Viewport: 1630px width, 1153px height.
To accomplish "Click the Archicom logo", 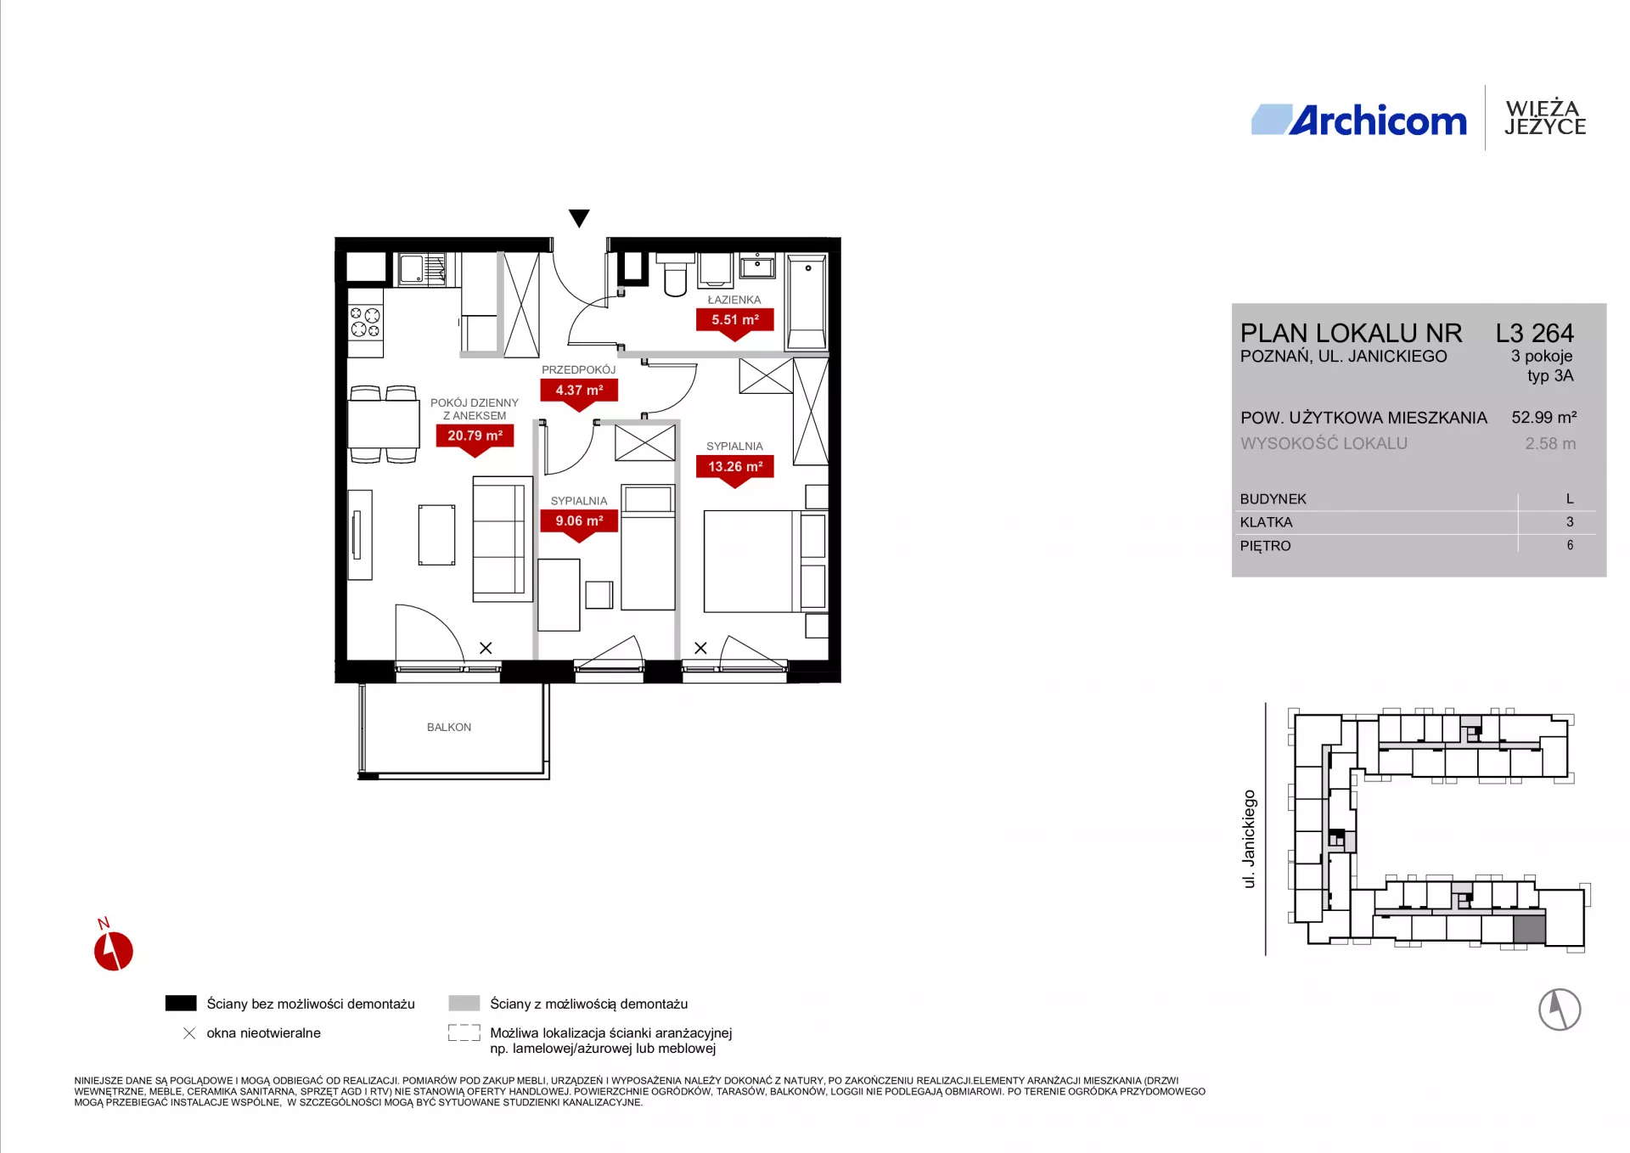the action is point(1358,120).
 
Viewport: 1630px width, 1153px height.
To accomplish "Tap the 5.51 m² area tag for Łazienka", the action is point(735,320).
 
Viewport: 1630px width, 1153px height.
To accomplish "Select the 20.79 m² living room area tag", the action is point(475,436).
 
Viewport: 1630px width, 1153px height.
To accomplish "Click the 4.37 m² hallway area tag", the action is point(579,391).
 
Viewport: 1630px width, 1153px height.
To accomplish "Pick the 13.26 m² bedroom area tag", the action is point(735,467).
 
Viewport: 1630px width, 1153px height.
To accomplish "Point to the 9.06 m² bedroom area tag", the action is point(579,521).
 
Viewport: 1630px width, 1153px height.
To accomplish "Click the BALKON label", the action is point(449,728).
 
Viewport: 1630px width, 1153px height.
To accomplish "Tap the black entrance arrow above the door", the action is point(579,218).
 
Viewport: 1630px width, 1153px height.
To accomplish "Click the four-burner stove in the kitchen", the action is point(366,323).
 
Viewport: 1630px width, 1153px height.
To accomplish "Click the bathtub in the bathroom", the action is point(807,301).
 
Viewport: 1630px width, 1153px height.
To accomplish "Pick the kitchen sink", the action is point(422,269).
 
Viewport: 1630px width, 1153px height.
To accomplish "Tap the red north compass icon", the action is point(114,950).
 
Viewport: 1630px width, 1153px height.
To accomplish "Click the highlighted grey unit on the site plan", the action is point(1530,930).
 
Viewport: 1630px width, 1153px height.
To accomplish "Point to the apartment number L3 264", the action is point(1535,333).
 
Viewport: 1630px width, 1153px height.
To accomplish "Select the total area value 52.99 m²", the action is point(1544,418).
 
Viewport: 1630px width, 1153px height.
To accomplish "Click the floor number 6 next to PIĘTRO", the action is point(1570,545).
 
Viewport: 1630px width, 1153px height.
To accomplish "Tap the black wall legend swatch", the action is point(181,1004).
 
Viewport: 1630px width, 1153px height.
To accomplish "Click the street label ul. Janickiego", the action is point(1249,839).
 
